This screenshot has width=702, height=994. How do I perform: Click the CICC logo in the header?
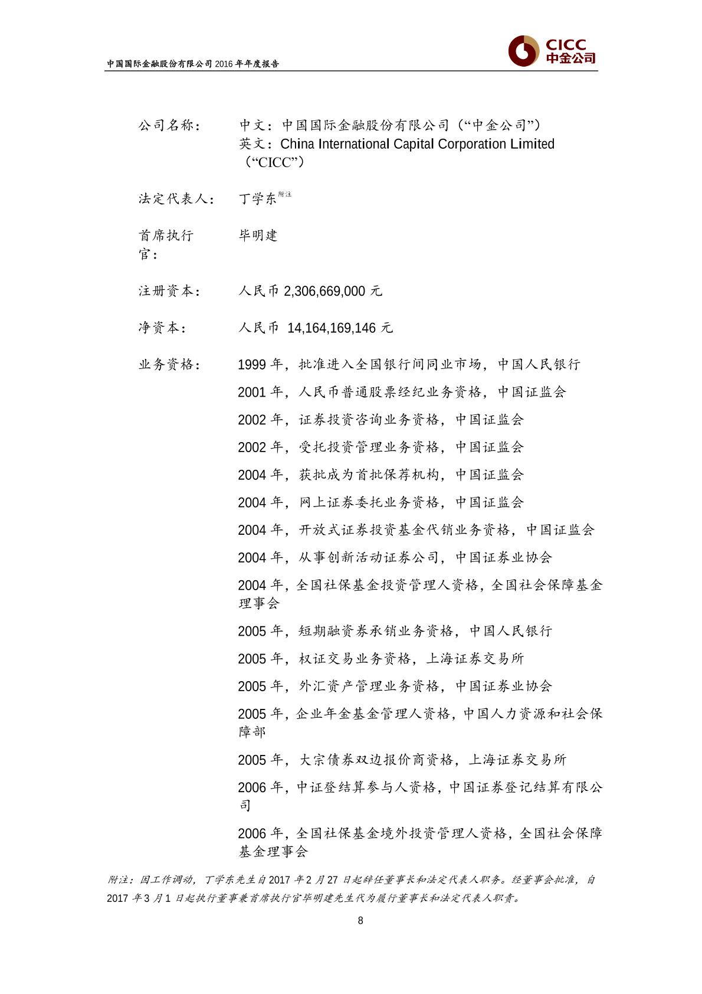coord(552,51)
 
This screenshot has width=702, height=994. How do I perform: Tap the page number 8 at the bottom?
coord(360,920)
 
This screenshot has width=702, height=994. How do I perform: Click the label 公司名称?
coord(168,126)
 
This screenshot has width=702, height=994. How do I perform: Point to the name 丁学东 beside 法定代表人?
coord(258,199)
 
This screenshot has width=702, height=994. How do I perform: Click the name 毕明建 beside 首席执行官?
coord(258,236)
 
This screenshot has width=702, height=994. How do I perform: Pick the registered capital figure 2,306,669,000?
coord(324,291)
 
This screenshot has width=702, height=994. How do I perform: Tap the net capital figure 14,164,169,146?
coord(332,328)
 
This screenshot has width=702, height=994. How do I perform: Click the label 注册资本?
coord(168,291)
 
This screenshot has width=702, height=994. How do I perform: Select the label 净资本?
coord(161,328)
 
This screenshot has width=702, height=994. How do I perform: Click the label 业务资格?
coord(168,365)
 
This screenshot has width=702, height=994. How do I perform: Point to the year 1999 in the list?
coord(252,365)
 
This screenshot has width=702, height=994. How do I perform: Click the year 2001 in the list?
coord(252,393)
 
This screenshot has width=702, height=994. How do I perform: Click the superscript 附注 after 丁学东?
coord(285,194)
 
